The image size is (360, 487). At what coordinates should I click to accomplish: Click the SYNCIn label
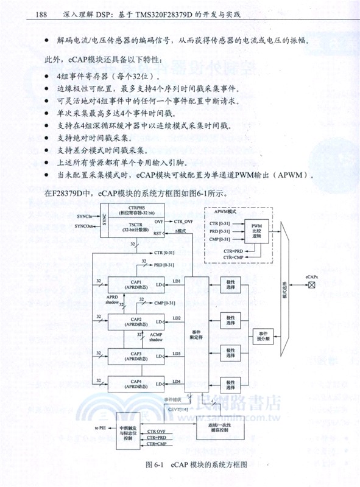click(x=85, y=216)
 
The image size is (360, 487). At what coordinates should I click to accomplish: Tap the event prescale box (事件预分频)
click(x=263, y=335)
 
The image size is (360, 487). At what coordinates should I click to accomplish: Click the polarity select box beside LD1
click(x=231, y=286)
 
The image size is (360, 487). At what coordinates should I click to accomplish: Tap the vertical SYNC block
click(x=105, y=221)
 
